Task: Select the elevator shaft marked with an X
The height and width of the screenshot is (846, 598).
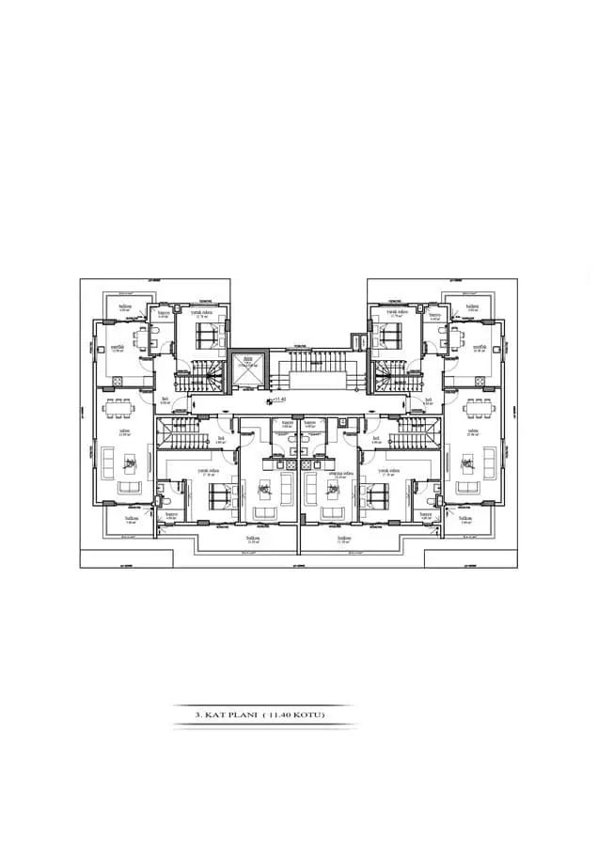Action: tap(248, 373)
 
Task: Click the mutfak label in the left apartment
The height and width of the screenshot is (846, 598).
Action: tap(118, 347)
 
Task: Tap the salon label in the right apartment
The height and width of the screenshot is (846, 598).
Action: tap(473, 431)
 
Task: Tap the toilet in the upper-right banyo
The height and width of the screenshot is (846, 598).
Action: tap(437, 333)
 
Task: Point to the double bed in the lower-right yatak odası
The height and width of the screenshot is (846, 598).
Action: tap(383, 493)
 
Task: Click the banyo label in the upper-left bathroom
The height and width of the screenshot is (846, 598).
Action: tap(163, 313)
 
